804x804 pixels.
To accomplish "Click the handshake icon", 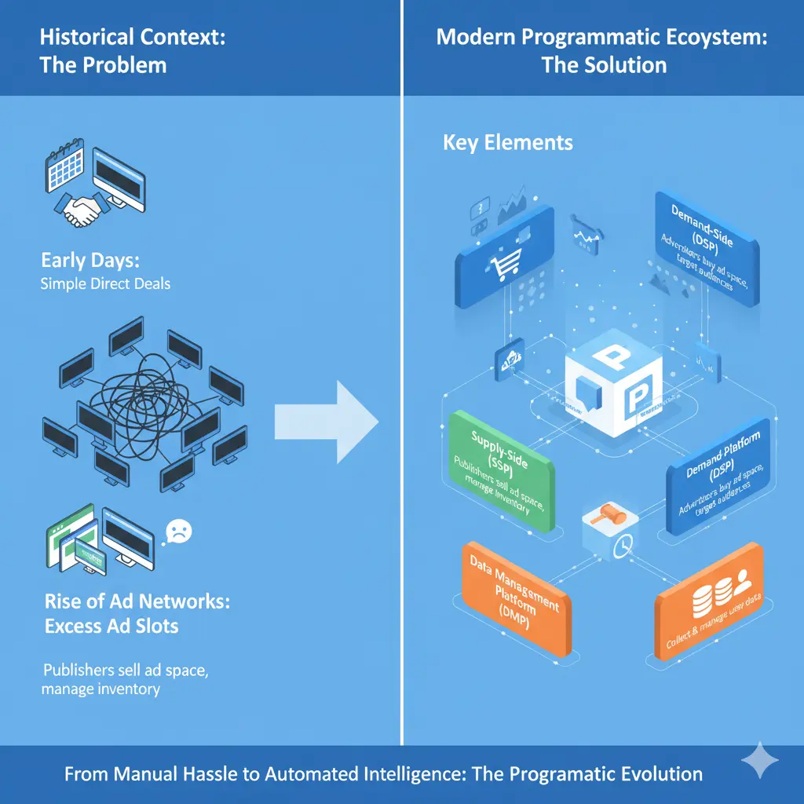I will [82, 210].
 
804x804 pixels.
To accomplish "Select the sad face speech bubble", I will [177, 532].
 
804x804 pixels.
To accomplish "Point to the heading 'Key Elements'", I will [507, 143].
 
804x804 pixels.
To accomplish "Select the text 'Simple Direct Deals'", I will [105, 283].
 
